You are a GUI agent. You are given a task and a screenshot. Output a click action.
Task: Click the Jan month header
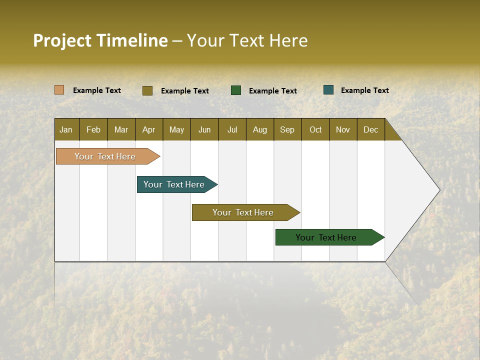(x=66, y=129)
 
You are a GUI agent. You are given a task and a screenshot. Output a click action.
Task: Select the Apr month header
(x=149, y=129)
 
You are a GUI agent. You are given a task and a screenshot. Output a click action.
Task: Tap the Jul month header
(x=232, y=129)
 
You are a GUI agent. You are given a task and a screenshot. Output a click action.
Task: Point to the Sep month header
(x=287, y=129)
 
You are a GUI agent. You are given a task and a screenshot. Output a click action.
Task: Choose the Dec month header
(x=370, y=129)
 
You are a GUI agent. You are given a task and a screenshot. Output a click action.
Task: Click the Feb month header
(x=93, y=129)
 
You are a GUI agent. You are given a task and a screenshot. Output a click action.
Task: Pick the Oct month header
(x=315, y=129)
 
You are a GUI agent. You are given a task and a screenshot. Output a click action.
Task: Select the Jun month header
(x=204, y=129)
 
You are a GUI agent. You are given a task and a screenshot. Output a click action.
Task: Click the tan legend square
(x=59, y=90)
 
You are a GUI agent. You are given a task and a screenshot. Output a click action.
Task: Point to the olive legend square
(x=147, y=90)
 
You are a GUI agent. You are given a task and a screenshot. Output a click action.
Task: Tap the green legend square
(x=236, y=90)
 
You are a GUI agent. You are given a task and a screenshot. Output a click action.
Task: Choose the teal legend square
(x=328, y=90)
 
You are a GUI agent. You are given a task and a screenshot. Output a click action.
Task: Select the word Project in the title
(x=62, y=40)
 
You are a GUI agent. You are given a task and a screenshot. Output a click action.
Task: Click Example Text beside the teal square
(x=364, y=90)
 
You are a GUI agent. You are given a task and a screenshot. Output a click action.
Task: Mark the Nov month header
(x=343, y=129)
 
